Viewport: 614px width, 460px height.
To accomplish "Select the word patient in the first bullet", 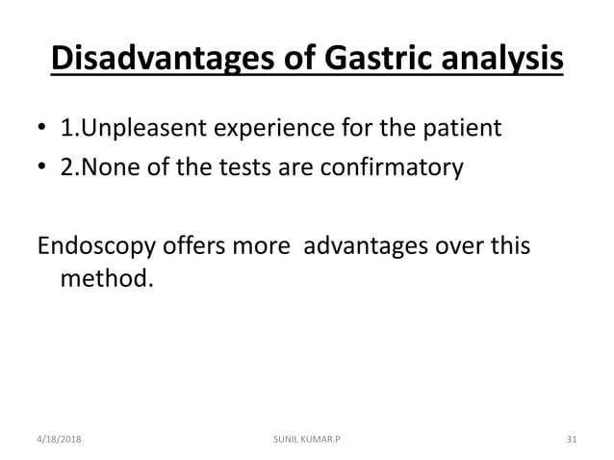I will pyautogui.click(x=467, y=128).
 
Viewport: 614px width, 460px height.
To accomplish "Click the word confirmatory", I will pyautogui.click(x=399, y=168).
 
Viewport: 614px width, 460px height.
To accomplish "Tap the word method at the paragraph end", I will pyautogui.click(x=104, y=281).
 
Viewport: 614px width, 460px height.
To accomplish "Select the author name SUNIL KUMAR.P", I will pyautogui.click(x=306, y=440).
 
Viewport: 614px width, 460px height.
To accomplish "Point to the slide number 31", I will pyautogui.click(x=571, y=440).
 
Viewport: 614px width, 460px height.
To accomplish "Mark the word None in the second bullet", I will pyautogui.click(x=114, y=168).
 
